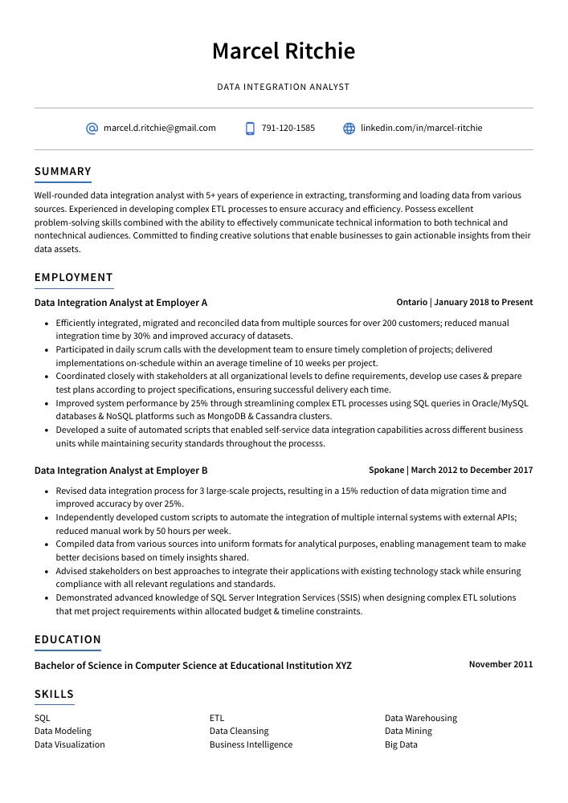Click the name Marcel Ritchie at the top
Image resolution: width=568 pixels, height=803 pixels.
[x=283, y=51]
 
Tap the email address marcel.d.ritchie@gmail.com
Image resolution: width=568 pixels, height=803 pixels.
[x=159, y=128]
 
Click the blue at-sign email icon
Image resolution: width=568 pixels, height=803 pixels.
[x=92, y=128]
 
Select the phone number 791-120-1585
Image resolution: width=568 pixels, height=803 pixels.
[x=288, y=128]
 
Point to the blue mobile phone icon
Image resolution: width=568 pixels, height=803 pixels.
[x=250, y=128]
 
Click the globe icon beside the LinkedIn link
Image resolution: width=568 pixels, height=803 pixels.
[x=349, y=128]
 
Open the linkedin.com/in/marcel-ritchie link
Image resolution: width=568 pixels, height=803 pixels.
[x=421, y=128]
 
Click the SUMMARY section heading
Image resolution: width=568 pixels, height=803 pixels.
[x=63, y=171]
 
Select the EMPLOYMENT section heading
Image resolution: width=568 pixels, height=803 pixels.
[x=73, y=277]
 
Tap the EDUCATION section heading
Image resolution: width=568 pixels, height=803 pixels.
[x=67, y=639]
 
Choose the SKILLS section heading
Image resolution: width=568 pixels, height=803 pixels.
[x=54, y=694]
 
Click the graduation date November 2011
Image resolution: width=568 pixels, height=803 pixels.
[x=501, y=664]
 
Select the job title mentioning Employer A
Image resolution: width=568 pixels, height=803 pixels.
[x=121, y=303]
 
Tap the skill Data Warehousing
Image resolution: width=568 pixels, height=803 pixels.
[x=420, y=718]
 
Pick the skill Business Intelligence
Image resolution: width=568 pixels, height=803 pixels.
[x=251, y=744]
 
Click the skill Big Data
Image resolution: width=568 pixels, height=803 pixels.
[x=401, y=744]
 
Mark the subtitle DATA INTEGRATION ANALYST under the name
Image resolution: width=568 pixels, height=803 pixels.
[x=283, y=87]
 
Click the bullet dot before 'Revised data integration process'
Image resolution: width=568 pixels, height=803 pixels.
[x=47, y=491]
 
